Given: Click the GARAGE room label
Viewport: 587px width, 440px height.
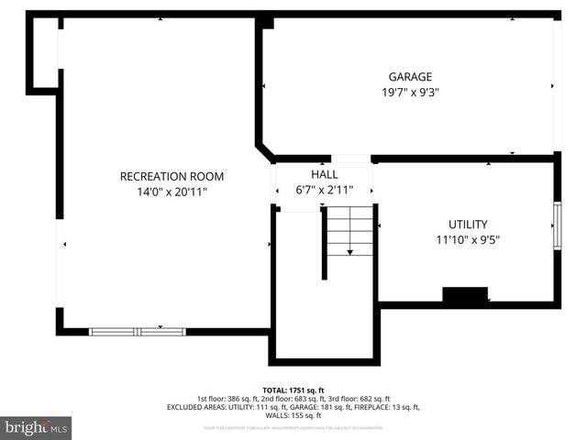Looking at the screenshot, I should coord(409,77).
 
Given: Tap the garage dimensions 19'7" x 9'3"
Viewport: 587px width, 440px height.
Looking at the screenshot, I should coord(409,92).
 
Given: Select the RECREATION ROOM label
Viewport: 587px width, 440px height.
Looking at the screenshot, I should coord(172,176).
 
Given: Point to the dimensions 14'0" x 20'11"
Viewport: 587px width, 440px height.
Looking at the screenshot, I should coord(172,192).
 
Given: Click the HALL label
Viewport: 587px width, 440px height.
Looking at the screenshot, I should coord(325,174).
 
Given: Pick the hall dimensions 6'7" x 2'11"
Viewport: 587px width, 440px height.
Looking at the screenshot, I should coord(325,190).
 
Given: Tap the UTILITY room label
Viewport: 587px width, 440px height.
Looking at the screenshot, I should coord(468,225).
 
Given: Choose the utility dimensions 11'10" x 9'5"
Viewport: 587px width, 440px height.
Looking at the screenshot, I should coord(468,240).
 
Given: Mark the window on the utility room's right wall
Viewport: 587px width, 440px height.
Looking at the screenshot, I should coord(556,225).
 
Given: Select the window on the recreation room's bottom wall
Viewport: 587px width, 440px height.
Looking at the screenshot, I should coord(137,331).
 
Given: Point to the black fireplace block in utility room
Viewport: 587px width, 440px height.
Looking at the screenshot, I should coord(465,294).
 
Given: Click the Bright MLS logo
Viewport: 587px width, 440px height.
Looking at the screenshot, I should coord(37,427).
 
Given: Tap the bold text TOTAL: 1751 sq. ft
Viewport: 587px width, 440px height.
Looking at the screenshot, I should coord(293,390).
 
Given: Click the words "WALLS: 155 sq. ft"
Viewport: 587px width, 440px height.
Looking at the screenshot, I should coord(293,415).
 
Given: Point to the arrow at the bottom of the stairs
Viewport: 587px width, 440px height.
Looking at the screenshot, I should coord(350,251).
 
